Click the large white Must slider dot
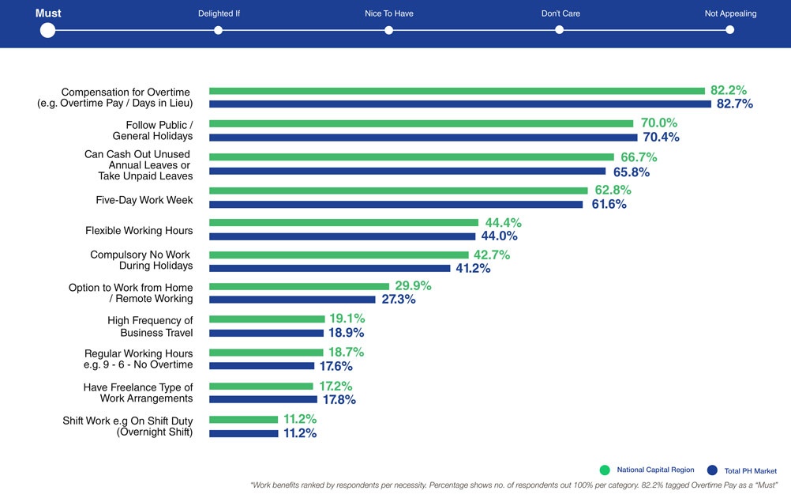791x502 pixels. click(47, 30)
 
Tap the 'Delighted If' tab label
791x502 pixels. click(219, 13)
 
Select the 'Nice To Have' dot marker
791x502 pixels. click(389, 30)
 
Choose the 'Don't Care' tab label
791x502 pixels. click(560, 13)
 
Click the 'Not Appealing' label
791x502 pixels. click(730, 13)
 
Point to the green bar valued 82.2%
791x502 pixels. click(456, 91)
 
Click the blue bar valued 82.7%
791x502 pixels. click(459, 104)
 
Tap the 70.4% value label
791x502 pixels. click(661, 138)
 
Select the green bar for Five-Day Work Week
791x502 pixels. click(398, 191)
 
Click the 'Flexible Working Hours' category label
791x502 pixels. click(139, 231)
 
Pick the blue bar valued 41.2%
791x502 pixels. click(329, 268)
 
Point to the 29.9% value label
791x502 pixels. click(414, 286)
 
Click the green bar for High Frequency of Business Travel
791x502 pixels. click(267, 319)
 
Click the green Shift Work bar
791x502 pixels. click(243, 419)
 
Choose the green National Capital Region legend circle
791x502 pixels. click(605, 470)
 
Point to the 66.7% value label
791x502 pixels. click(639, 157)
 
